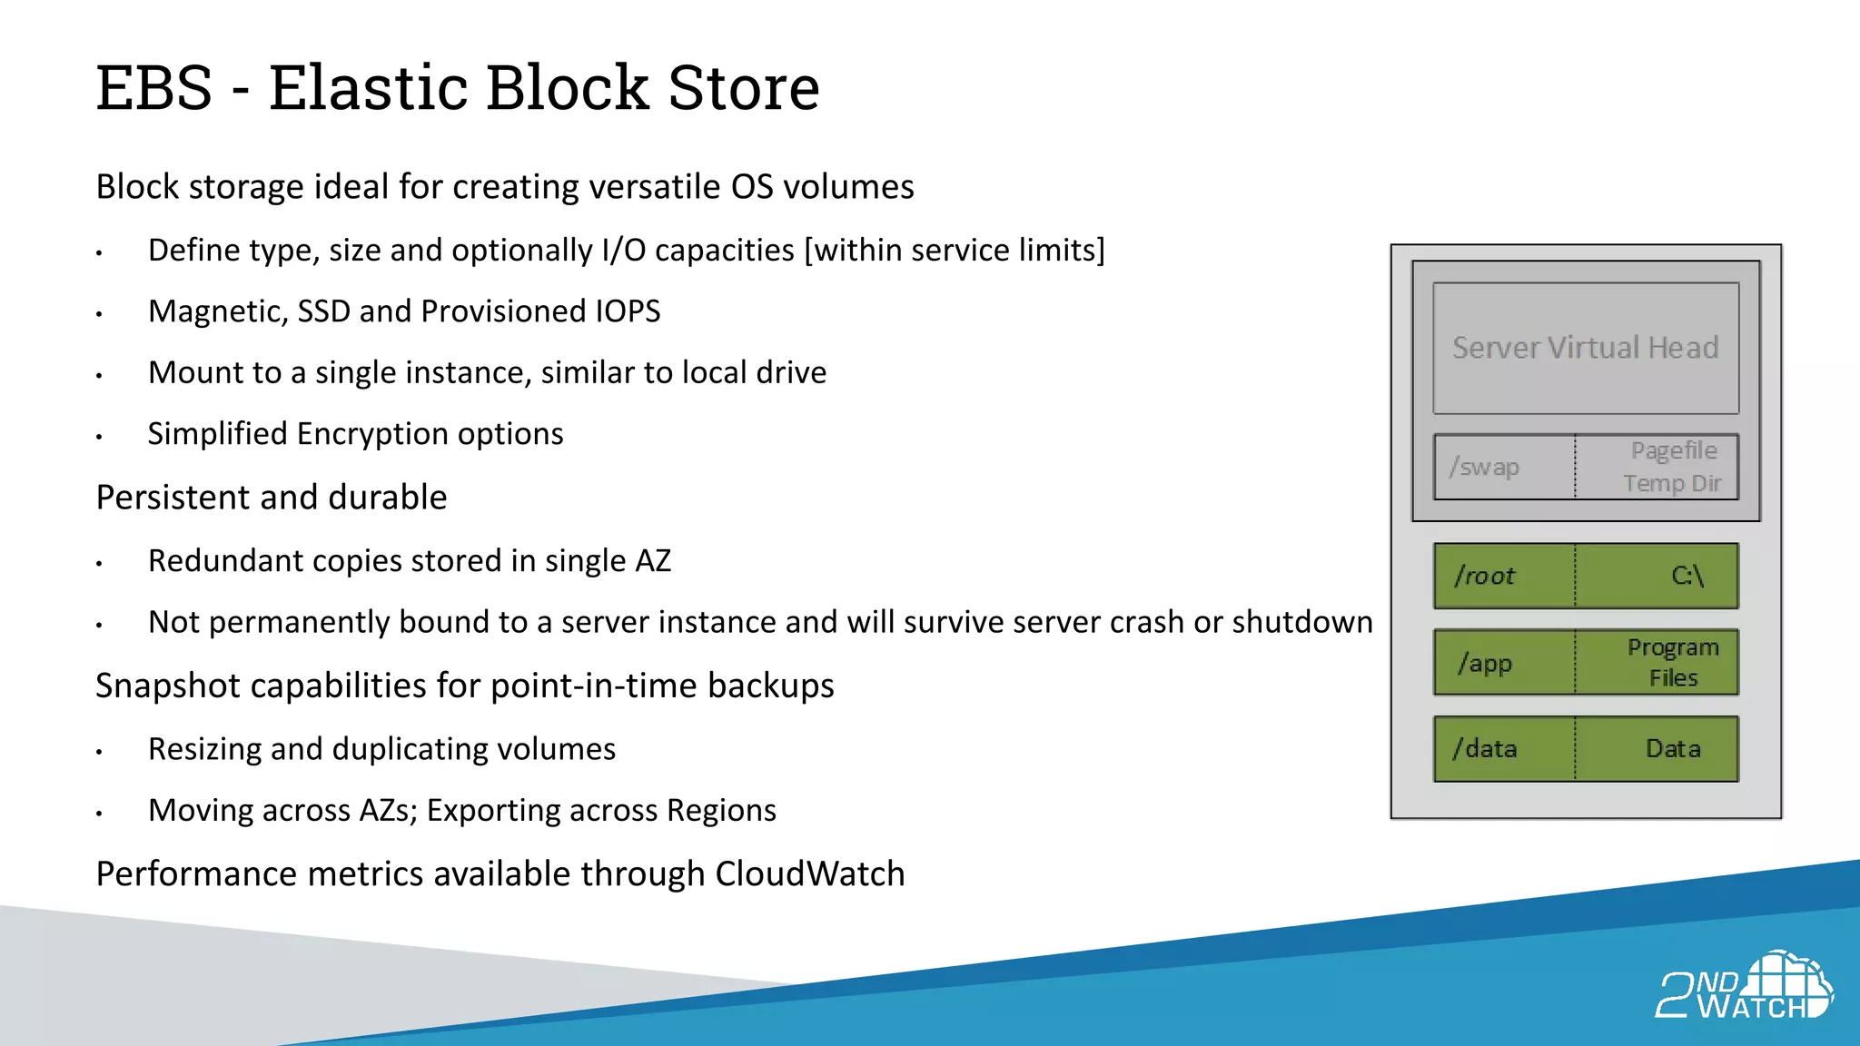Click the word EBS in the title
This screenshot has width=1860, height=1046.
[154, 88]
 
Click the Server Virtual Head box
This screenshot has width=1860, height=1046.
[1585, 348]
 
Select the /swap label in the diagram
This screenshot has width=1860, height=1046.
[1485, 467]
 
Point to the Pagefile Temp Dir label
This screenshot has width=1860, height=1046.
[1672, 467]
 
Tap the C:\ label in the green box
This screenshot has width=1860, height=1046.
[1687, 576]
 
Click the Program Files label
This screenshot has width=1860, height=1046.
[1673, 662]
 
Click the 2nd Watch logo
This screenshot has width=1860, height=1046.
[1744, 987]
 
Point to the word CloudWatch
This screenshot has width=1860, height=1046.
[809, 874]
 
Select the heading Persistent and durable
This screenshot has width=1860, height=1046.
[272, 498]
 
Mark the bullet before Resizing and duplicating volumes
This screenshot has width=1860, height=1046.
[99, 752]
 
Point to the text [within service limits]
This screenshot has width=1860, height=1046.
[955, 251]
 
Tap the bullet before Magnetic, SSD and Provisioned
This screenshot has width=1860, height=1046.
[99, 314]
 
